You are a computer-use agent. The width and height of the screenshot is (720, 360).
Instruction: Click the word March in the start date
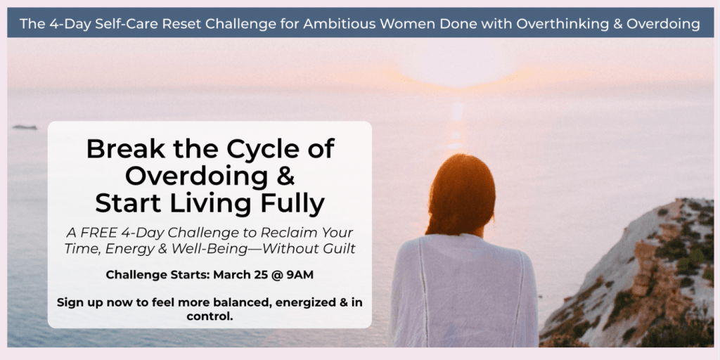point(229,275)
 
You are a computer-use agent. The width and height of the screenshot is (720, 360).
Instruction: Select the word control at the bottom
point(208,316)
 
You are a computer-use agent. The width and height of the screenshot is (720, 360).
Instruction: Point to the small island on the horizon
point(25,127)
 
